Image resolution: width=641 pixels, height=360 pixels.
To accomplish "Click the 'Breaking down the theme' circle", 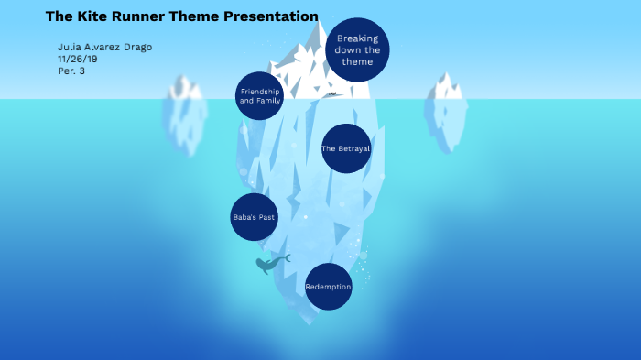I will (x=357, y=50).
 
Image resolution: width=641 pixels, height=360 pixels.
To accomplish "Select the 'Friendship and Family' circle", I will (x=259, y=96).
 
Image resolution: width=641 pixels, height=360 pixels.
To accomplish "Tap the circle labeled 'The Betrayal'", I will (x=346, y=148).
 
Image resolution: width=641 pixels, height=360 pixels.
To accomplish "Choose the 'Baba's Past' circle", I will (x=254, y=217).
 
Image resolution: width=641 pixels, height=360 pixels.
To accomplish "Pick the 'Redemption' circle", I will (x=328, y=287).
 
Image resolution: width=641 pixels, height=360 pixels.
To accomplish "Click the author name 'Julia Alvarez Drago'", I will (x=104, y=47).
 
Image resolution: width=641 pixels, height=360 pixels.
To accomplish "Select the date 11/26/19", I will (x=77, y=59).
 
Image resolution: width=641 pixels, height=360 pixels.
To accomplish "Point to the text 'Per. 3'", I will (x=71, y=71).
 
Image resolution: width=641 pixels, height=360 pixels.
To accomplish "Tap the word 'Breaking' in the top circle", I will (x=357, y=39).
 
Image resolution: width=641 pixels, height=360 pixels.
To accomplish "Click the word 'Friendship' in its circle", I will (x=259, y=92).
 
